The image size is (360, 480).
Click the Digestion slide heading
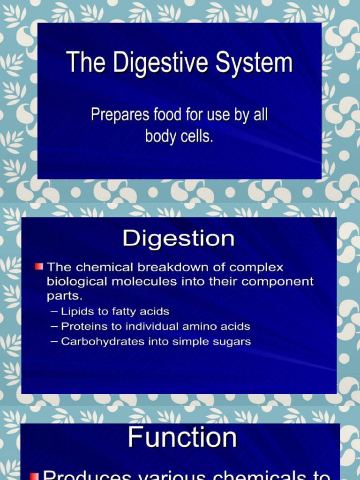[x=178, y=239]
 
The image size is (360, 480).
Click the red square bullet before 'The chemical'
[x=39, y=267]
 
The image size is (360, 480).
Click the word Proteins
[x=83, y=326]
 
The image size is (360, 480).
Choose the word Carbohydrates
[x=96, y=341]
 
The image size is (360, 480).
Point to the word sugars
[x=232, y=342]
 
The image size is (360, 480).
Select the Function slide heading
[x=182, y=437]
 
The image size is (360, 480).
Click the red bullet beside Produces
[x=34, y=475]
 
